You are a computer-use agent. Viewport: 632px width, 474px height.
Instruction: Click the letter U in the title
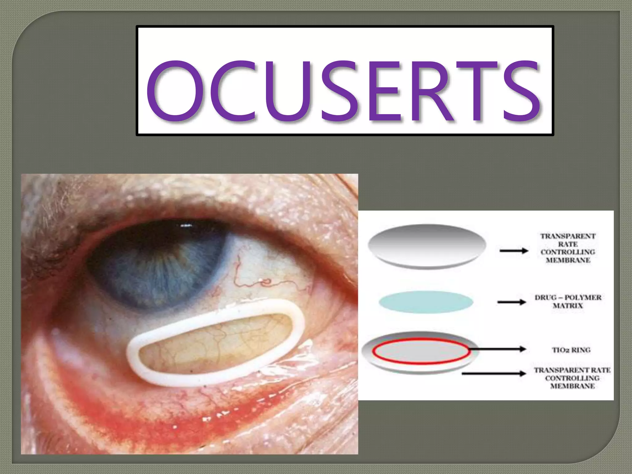click(x=286, y=91)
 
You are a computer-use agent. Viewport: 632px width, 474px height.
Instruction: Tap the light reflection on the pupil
click(x=185, y=226)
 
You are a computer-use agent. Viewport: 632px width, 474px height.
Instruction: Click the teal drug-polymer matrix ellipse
click(x=426, y=302)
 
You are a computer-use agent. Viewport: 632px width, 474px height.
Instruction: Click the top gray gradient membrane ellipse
click(x=427, y=245)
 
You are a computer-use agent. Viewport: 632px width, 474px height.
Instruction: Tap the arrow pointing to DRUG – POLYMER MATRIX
click(x=511, y=302)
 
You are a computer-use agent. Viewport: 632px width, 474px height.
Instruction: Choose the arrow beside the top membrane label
click(x=514, y=251)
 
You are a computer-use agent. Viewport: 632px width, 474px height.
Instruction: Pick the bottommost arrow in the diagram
click(x=494, y=374)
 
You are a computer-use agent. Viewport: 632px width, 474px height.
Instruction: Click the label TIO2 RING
click(x=571, y=350)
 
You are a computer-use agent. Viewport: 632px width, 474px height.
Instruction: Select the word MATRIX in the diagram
click(x=568, y=306)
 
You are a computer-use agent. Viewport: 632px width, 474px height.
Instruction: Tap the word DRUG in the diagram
click(x=546, y=298)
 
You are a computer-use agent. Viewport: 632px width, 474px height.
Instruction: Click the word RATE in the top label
click(x=568, y=244)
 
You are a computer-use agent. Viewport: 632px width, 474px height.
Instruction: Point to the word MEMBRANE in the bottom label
click(x=572, y=386)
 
